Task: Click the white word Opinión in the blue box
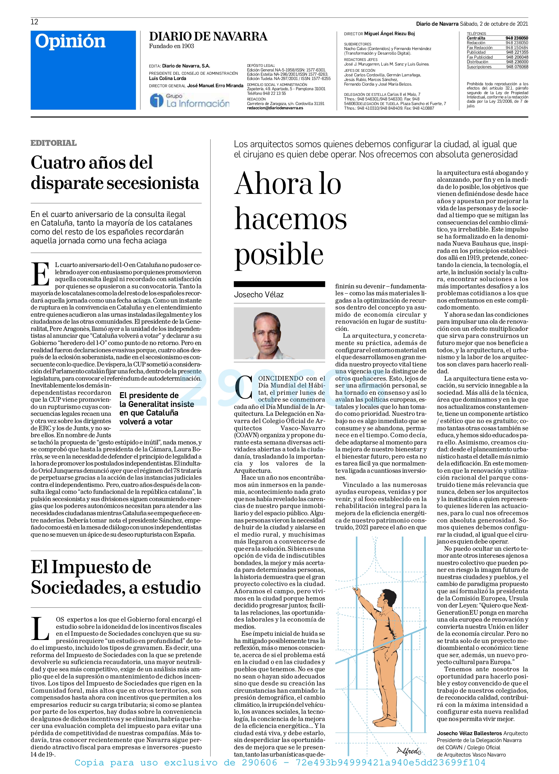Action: pos(70,41)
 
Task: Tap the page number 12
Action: pos(35,22)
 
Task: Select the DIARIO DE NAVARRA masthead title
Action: pos(208,37)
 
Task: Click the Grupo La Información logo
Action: pos(190,100)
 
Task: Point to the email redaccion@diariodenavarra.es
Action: pos(275,108)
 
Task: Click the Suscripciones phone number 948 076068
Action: pos(517,67)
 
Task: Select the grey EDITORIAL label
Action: pos(54,143)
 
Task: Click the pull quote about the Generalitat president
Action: pos(157,409)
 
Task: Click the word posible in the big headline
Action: pos(279,254)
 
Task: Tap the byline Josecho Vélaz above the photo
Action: pos(259,295)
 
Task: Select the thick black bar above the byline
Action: pos(279,284)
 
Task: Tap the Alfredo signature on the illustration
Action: pos(409,751)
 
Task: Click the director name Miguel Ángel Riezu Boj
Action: pos(389,34)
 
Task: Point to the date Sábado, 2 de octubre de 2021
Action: pos(494,24)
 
